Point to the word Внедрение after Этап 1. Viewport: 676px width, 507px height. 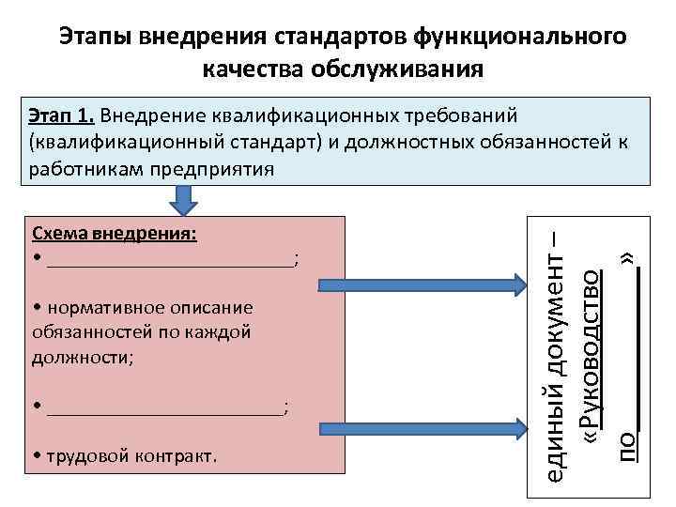pyautogui.click(x=146, y=116)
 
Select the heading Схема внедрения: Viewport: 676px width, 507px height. pyautogui.click(x=114, y=235)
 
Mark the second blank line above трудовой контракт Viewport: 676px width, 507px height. pyautogui.click(x=164, y=408)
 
